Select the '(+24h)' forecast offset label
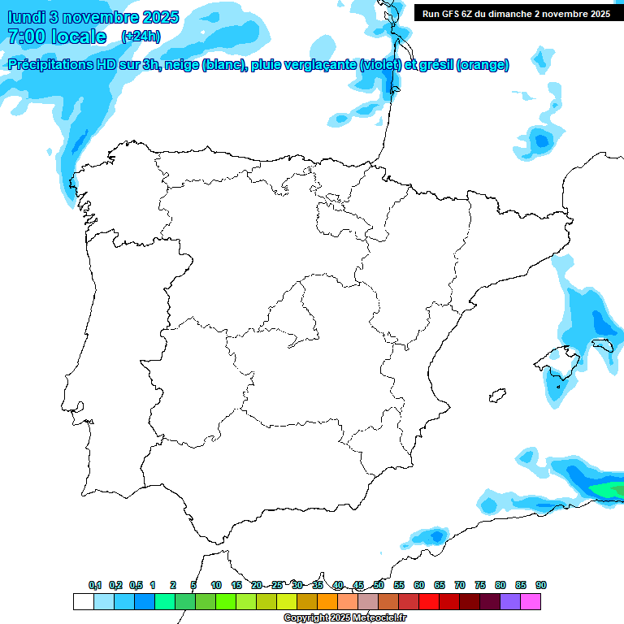(x=141, y=37)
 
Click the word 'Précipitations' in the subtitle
(x=54, y=65)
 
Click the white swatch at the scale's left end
(x=84, y=601)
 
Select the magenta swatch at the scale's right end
(x=531, y=601)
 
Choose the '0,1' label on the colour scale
(x=94, y=585)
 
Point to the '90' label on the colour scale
(x=541, y=585)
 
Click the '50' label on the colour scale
(x=379, y=585)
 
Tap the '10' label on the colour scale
(x=216, y=585)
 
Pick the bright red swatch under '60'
(x=429, y=601)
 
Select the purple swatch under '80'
(x=510, y=601)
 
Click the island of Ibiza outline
(x=495, y=396)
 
